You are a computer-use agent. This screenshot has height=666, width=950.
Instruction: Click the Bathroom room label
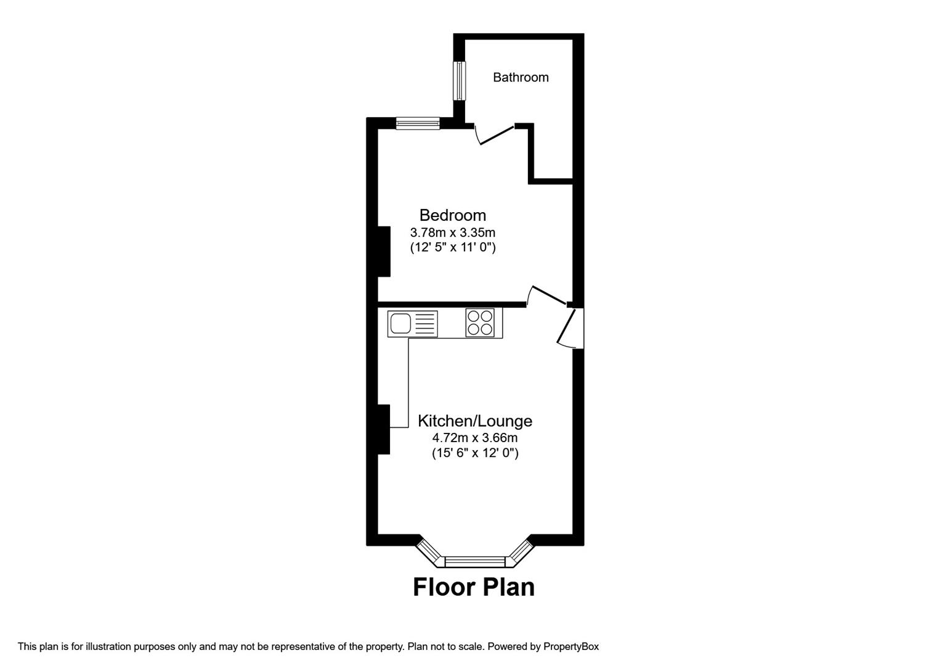[521, 77]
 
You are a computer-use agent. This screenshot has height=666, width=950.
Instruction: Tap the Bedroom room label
[453, 215]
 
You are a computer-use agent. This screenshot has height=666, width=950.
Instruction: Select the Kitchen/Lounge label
[474, 421]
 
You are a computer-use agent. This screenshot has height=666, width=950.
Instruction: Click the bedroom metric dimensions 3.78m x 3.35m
[453, 232]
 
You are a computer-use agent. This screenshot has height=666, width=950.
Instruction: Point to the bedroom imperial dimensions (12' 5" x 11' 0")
[453, 247]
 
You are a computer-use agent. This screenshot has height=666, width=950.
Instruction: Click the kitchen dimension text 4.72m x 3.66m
[474, 438]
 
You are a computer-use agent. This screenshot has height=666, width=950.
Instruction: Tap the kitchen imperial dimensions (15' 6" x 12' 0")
[475, 453]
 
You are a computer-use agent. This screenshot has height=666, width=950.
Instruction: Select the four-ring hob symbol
[480, 323]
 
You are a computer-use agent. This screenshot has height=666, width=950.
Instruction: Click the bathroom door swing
[494, 135]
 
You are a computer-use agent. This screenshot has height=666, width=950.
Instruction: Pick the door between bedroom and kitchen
[548, 296]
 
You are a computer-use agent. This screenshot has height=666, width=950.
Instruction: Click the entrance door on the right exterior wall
[568, 328]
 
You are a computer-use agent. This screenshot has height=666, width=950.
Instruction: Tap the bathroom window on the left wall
[460, 81]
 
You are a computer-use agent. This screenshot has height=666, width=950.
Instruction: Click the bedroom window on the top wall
[418, 123]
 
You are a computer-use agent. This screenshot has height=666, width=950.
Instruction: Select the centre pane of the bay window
[475, 562]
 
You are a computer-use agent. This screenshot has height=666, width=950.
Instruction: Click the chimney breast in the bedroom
[384, 252]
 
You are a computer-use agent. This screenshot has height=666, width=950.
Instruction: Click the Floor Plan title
[474, 587]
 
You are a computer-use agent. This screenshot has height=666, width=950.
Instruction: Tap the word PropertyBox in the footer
[571, 646]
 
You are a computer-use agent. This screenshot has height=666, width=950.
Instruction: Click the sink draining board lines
[424, 324]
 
